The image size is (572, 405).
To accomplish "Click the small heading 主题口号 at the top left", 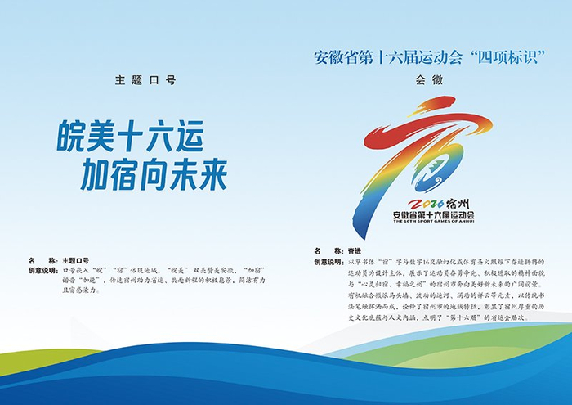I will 145,80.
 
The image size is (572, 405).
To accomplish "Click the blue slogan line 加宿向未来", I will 153,174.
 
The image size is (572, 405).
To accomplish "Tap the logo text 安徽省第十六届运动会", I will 434,214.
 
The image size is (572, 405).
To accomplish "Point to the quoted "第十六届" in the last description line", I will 476,317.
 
